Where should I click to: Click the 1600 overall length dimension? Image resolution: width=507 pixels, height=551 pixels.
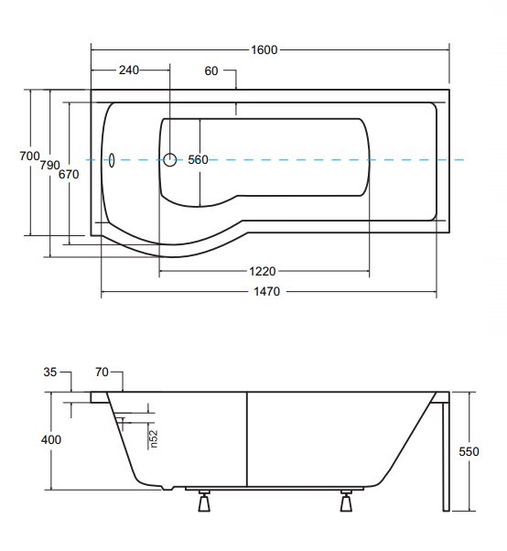pyautogui.click(x=264, y=50)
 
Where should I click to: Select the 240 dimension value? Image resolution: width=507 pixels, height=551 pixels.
pyautogui.click(x=129, y=70)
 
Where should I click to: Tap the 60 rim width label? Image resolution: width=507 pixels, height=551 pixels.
pyautogui.click(x=211, y=71)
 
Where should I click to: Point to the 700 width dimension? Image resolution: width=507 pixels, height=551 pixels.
pyautogui.click(x=29, y=156)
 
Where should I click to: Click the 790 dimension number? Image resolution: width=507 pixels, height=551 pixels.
pyautogui.click(x=49, y=165)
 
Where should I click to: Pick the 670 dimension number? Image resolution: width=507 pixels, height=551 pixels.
pyautogui.click(x=69, y=174)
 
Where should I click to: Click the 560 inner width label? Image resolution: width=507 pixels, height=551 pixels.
pyautogui.click(x=198, y=160)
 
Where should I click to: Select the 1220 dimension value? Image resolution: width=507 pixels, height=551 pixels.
pyautogui.click(x=263, y=271)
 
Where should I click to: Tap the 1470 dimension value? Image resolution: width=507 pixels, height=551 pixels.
pyautogui.click(x=266, y=291)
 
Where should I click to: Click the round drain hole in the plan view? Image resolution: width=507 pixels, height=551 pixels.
pyautogui.click(x=170, y=160)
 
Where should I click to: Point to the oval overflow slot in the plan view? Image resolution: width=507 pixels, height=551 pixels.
pyautogui.click(x=112, y=160)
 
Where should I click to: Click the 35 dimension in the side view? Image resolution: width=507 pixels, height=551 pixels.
pyautogui.click(x=50, y=373)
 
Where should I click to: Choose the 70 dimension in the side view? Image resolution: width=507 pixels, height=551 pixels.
pyautogui.click(x=102, y=372)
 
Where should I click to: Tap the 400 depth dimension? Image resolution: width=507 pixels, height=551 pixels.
pyautogui.click(x=51, y=439)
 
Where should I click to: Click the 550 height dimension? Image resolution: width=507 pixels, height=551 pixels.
pyautogui.click(x=469, y=451)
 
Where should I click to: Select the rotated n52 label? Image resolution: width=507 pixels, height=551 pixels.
pyautogui.click(x=154, y=439)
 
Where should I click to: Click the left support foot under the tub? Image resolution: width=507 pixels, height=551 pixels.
pyautogui.click(x=204, y=501)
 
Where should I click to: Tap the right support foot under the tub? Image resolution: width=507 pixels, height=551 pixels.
pyautogui.click(x=346, y=501)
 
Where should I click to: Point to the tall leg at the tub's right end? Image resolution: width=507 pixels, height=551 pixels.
pyautogui.click(x=446, y=457)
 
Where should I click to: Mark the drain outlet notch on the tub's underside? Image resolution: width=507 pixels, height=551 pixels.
pyautogui.click(x=167, y=488)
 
